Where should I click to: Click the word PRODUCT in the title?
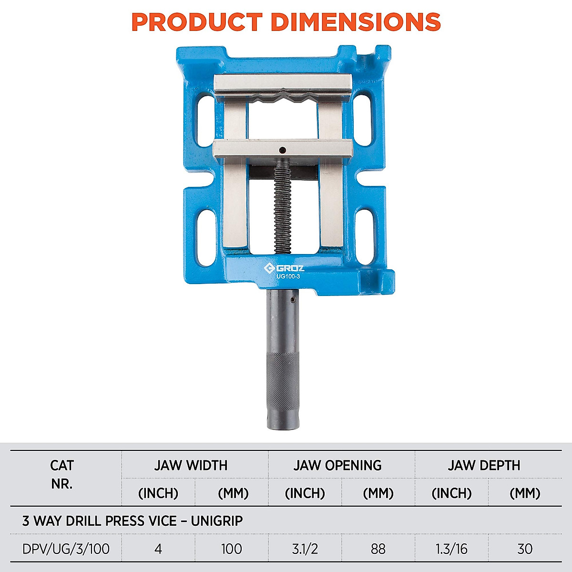197,22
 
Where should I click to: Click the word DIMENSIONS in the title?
355,22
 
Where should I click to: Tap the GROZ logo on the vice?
284,268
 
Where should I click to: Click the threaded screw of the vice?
282,205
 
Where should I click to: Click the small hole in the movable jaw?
283,149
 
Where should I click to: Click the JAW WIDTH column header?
191,465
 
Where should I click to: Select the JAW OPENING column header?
337,465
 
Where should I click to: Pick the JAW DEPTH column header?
484,465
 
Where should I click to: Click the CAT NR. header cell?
62,474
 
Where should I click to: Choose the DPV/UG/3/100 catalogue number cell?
66,549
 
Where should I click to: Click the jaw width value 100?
231,549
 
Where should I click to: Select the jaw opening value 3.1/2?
305,549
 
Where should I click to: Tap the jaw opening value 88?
378,549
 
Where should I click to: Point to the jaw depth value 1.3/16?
451,549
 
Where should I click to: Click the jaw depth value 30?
524,549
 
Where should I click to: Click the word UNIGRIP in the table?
217,521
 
